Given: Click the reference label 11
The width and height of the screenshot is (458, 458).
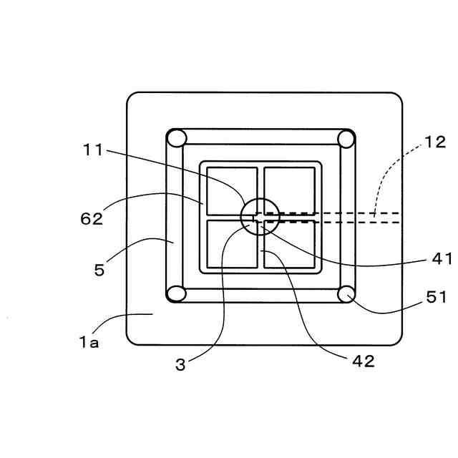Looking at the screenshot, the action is click(x=92, y=150).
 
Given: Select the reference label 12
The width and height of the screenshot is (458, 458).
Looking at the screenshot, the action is click(x=434, y=142).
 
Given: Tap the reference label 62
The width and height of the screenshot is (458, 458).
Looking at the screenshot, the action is click(x=91, y=218).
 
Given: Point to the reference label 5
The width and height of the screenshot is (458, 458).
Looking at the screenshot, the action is click(x=99, y=271).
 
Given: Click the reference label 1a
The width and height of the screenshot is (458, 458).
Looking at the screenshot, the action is click(x=89, y=342).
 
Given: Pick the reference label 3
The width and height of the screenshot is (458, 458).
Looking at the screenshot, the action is click(x=180, y=364).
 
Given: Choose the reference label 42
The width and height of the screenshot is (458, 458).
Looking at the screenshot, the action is click(x=364, y=361).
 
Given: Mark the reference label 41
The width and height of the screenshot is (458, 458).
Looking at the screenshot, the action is click(x=440, y=259).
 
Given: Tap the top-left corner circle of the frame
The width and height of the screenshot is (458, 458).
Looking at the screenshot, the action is click(x=177, y=138).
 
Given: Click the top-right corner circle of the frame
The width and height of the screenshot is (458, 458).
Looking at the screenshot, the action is click(x=346, y=138).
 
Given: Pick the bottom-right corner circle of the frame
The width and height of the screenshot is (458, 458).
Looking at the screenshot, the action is click(x=346, y=293).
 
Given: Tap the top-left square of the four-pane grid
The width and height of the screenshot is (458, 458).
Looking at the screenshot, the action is click(x=232, y=190).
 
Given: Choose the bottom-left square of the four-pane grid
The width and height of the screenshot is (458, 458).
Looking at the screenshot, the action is click(x=232, y=244).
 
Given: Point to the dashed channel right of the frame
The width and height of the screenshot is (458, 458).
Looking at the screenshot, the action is click(x=379, y=217).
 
